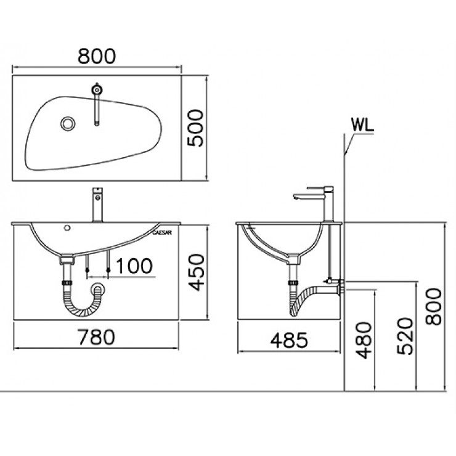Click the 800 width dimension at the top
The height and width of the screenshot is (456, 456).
97,56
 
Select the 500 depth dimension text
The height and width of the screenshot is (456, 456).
195,128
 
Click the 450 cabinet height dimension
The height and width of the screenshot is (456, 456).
195,273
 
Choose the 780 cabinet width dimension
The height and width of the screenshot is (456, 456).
96,337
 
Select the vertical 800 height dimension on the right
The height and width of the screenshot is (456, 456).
435,308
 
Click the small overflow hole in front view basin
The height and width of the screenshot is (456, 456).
67,229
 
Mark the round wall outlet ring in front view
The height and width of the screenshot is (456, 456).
96,288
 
